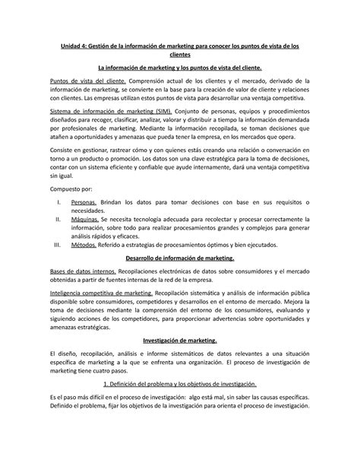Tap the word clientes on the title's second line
[179, 55]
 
